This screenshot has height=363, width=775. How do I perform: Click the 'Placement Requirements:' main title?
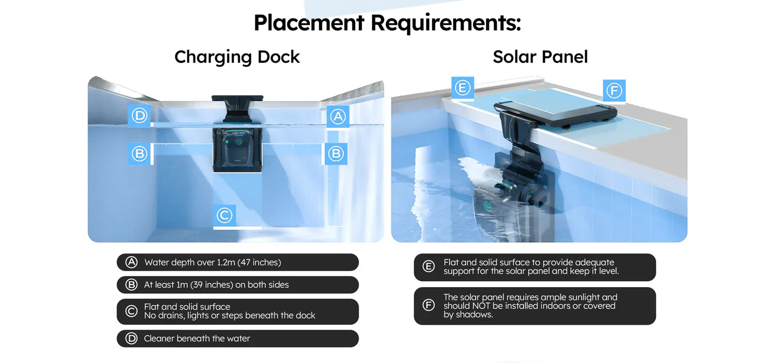387,23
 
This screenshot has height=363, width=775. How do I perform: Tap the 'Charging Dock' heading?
237,57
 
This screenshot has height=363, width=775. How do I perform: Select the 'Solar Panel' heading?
540,57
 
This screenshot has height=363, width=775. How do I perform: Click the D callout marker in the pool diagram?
139,116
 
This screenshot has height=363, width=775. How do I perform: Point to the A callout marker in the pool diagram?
338,117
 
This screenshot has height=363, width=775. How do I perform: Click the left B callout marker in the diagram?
139,153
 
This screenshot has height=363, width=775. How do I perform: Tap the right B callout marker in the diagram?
336,153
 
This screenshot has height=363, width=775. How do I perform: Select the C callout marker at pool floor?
224,215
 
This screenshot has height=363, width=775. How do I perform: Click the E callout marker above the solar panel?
463,88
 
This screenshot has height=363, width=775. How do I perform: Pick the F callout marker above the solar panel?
614,91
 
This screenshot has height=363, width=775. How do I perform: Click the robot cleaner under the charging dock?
237,150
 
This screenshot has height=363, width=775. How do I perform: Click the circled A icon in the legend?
131,262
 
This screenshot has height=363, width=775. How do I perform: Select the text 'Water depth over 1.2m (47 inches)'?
213,262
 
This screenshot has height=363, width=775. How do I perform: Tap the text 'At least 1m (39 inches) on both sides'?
216,285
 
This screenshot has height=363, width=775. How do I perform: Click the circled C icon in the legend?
131,311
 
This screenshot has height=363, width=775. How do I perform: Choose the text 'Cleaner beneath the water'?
197,338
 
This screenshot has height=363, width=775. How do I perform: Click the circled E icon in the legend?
429,267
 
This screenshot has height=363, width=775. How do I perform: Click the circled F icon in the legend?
429,305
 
